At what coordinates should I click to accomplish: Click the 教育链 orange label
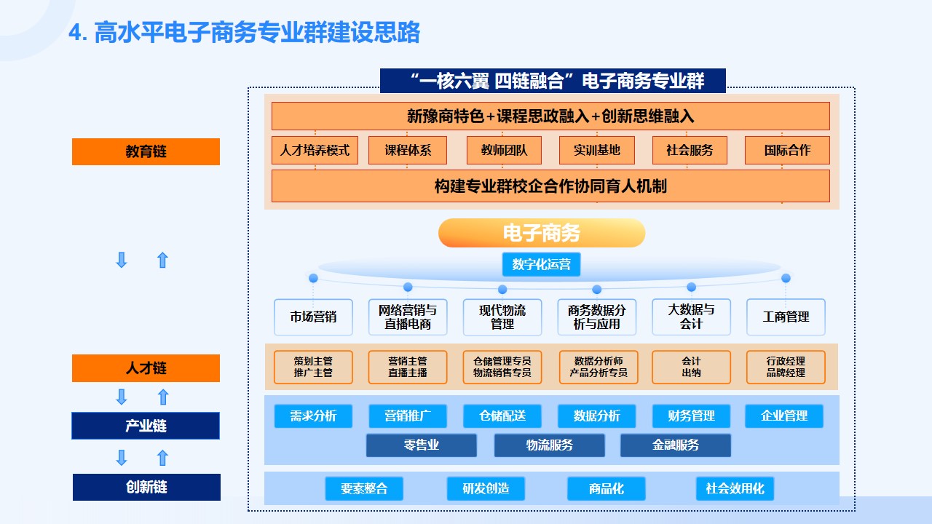tap(146, 151)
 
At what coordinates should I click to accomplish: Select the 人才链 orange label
tap(146, 368)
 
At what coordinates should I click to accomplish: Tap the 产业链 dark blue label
tap(146, 426)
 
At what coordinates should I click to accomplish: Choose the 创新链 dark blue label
tap(146, 487)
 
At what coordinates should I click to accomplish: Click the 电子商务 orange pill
tap(542, 233)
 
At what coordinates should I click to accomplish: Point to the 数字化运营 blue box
tap(541, 264)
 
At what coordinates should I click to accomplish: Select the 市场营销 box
tap(313, 317)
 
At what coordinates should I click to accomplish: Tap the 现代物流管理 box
tap(502, 317)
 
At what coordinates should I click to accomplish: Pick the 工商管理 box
tap(786, 317)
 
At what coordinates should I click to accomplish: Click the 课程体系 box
tap(408, 150)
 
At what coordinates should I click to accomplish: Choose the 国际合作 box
tap(787, 150)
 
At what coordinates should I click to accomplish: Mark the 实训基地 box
tap(597, 150)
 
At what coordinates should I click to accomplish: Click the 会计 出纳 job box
tap(691, 367)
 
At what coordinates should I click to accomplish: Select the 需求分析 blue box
tap(313, 416)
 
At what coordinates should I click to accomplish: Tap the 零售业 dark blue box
tap(422, 445)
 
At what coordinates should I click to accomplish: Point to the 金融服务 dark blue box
tap(676, 445)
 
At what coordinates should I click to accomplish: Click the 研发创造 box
tap(486, 488)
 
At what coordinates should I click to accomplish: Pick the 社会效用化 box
tap(735, 488)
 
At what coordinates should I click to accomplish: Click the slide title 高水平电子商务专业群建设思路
tap(245, 33)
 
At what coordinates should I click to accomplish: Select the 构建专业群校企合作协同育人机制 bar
tap(550, 186)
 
